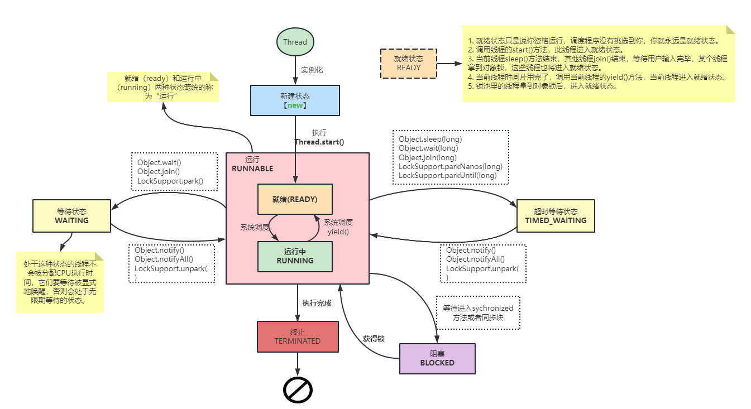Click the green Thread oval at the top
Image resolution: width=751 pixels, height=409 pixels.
pos(295,42)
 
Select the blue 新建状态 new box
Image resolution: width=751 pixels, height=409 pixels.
pos(294,100)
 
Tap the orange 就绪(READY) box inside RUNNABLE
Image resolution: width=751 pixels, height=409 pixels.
pos(295,199)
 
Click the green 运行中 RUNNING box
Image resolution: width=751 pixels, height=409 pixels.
pos(295,256)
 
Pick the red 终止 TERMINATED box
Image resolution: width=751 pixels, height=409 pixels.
pos(298,336)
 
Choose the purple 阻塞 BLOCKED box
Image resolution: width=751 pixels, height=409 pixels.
pos(437,358)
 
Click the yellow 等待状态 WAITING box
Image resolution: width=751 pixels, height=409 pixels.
pos(71,216)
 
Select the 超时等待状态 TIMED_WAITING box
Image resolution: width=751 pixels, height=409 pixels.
pos(556,216)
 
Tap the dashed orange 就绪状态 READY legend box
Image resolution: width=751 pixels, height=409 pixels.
pos(408,63)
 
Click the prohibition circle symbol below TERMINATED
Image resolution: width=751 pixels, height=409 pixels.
pos(298,390)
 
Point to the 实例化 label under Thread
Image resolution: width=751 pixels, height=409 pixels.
pos(312,70)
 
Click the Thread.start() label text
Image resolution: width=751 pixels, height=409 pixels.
pos(319,142)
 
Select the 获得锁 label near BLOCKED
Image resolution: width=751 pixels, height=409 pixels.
pos(374,339)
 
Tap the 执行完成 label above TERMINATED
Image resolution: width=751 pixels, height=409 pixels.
pos(317,303)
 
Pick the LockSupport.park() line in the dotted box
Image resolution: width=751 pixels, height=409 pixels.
pos(170,181)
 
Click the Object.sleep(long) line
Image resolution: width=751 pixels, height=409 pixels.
pos(430,139)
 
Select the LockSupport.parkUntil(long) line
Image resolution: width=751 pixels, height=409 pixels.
pos(447,175)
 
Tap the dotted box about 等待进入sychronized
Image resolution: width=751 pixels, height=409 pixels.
pos(477,312)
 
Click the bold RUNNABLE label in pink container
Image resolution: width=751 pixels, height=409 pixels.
pos(252,169)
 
